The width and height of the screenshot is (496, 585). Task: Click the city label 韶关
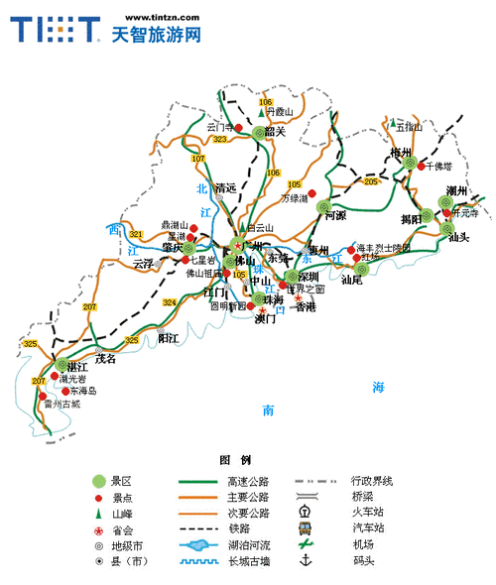[275, 131]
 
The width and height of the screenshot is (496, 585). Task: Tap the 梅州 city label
[401, 153]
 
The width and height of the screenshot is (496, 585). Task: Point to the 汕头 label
[458, 237]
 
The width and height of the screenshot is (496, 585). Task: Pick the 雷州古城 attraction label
[62, 405]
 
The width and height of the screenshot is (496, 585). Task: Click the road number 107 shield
[198, 159]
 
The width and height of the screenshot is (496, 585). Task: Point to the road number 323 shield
[219, 141]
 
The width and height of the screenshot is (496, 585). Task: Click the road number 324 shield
[170, 301]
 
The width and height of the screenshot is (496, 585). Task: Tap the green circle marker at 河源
[324, 206]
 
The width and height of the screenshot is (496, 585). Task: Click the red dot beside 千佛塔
[421, 166]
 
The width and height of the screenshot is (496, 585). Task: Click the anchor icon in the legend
[306, 560]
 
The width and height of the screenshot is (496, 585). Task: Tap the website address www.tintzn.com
[156, 17]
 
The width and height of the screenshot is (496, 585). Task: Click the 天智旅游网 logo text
[156, 35]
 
